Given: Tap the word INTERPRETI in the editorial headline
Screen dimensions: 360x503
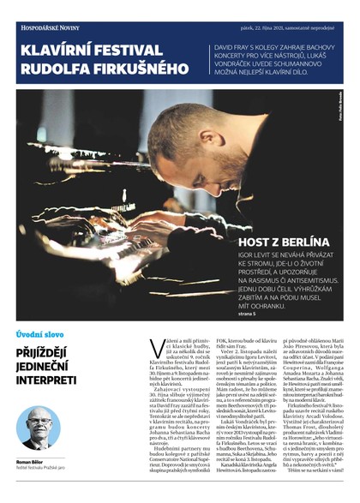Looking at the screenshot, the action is coord(50,379).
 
